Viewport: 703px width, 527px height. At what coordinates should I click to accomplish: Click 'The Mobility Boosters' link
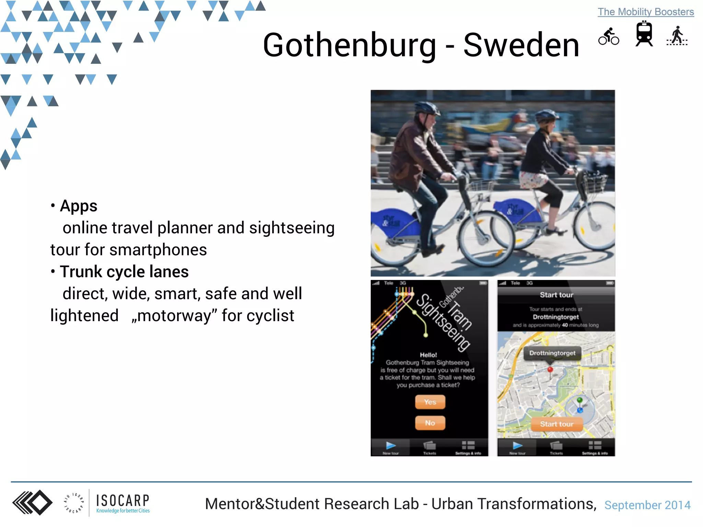(646, 12)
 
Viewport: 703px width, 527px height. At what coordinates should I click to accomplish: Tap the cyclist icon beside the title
(609, 36)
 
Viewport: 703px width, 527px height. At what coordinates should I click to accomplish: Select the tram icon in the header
(644, 34)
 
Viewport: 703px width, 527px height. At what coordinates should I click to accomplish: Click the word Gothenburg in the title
(349, 45)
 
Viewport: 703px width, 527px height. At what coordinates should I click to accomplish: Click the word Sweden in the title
(521, 45)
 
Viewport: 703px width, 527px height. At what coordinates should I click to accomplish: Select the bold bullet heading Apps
(79, 206)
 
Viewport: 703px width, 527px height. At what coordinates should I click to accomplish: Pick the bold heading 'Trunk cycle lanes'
(124, 272)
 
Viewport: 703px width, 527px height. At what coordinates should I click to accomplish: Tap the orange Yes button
(430, 402)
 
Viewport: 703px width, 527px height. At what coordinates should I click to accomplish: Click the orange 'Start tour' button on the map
(557, 424)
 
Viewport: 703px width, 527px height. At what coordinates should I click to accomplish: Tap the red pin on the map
(550, 370)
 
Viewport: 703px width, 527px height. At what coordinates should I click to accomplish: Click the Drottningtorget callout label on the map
(552, 353)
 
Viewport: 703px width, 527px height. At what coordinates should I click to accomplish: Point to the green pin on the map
(580, 400)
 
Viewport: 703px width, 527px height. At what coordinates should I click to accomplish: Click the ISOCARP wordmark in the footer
(123, 501)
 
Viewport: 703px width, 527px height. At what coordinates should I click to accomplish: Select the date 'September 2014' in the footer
(647, 505)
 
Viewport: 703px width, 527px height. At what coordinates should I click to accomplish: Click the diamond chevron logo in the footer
(33, 503)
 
